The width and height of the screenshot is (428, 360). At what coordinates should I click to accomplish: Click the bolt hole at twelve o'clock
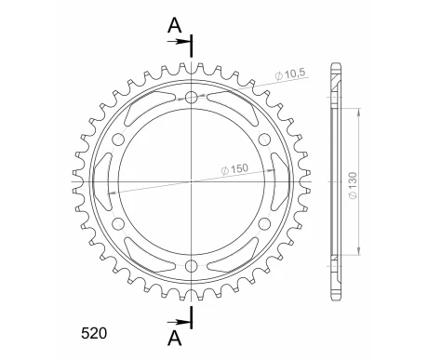pyautogui.click(x=192, y=98)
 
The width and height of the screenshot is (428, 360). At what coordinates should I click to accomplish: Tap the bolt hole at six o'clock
pyautogui.click(x=192, y=267)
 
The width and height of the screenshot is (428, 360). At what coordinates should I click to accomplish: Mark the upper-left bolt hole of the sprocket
pyautogui.click(x=118, y=140)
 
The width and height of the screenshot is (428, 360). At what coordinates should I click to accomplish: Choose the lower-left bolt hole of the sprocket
pyautogui.click(x=118, y=224)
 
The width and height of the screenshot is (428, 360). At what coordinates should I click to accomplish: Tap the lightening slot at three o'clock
pyautogui.click(x=274, y=182)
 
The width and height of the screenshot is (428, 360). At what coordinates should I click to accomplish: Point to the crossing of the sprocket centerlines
pyautogui.click(x=192, y=182)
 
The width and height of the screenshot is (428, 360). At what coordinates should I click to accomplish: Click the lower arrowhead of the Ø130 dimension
pyautogui.click(x=358, y=252)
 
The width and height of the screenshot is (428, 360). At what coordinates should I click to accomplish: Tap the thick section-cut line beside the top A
pyautogui.click(x=192, y=43)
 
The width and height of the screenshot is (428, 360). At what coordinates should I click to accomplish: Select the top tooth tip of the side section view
pyautogui.click(x=336, y=58)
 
